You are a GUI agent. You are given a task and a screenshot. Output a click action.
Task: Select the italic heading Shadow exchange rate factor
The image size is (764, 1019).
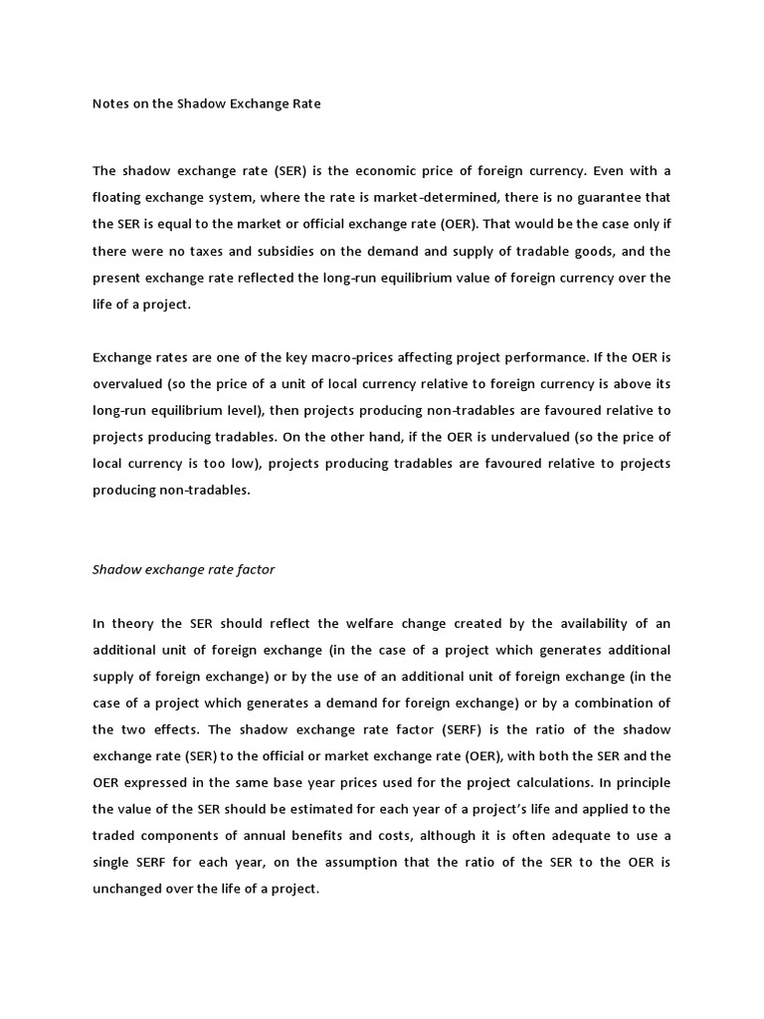[x=184, y=570]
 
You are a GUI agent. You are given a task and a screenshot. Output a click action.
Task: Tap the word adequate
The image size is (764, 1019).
[x=590, y=807]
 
